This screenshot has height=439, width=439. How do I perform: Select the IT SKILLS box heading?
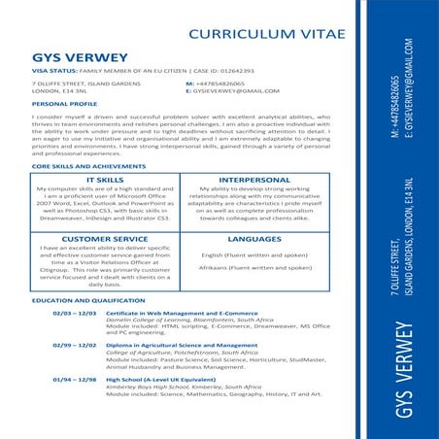click(x=104, y=180)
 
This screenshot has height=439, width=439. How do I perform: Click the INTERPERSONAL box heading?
click(x=254, y=180)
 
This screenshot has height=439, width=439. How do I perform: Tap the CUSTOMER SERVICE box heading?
click(x=104, y=237)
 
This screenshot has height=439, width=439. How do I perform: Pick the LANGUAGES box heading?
click(x=254, y=237)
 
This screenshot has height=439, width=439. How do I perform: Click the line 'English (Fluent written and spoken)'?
click(x=255, y=253)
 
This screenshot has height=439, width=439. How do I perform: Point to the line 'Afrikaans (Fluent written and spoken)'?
click(x=255, y=267)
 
